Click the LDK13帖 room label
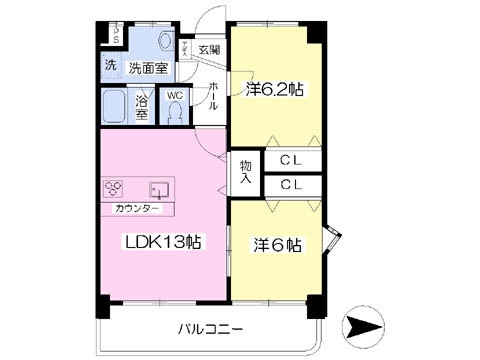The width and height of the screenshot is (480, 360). [x=164, y=241]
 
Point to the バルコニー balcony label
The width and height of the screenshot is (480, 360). [x=212, y=328]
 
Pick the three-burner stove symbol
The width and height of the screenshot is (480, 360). [x=114, y=188]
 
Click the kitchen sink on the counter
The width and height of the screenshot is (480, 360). [x=157, y=189]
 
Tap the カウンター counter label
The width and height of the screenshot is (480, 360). [x=137, y=208]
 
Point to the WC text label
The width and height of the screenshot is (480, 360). [x=174, y=97]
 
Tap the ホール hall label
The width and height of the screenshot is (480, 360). [x=213, y=95]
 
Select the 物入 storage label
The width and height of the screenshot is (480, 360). [x=246, y=172]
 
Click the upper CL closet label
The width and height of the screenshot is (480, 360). [x=291, y=160]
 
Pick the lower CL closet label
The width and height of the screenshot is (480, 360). [x=291, y=185]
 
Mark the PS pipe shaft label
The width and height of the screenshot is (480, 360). [x=114, y=35]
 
